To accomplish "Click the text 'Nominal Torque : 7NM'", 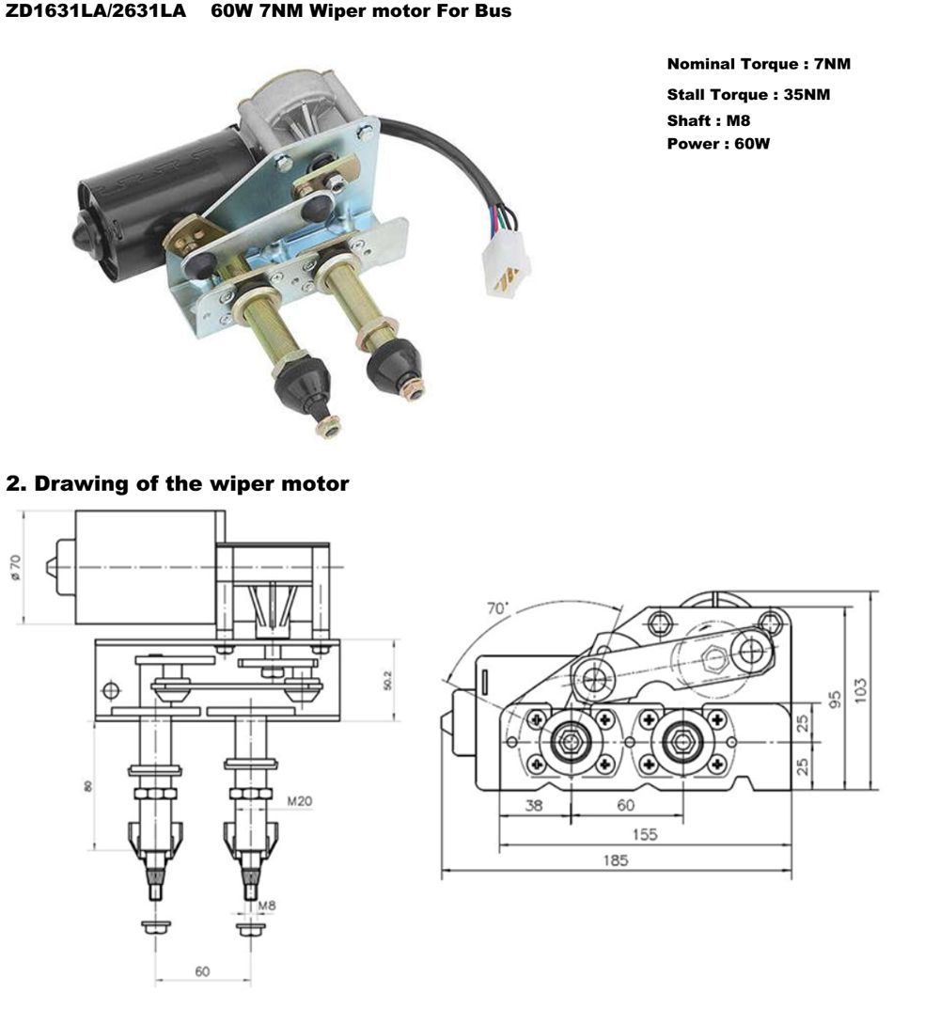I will pos(759,65).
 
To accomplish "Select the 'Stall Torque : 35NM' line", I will pos(747,95).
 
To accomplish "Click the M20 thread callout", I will pos(299,801).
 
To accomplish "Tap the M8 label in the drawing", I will pos(269,907).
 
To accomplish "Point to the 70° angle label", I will pos(497,608).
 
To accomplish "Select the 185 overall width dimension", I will pos(616,860).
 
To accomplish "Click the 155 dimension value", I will pos(644,833).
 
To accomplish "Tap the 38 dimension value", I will pos(534,805).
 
